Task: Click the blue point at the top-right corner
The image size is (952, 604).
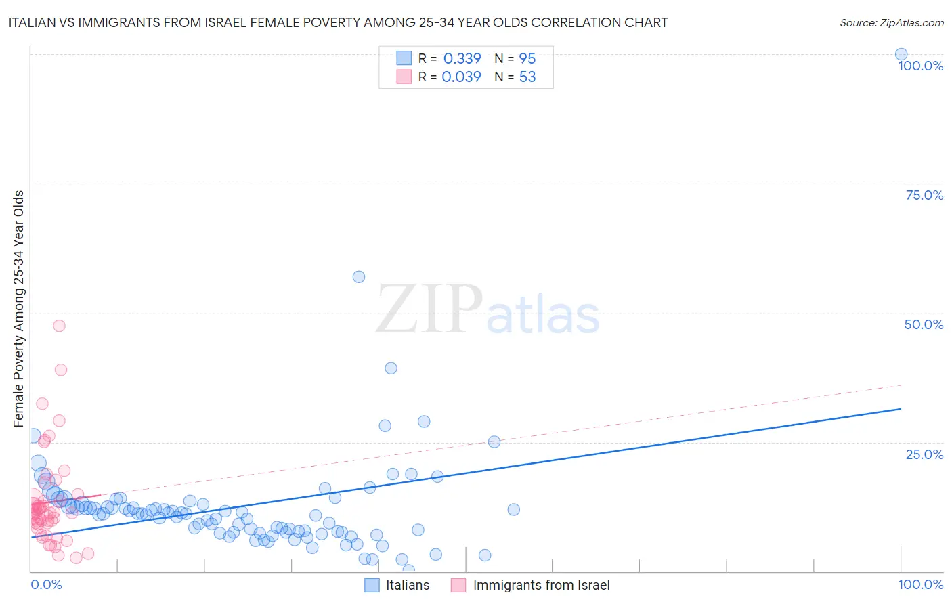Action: [901, 55]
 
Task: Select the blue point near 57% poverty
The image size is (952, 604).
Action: [359, 276]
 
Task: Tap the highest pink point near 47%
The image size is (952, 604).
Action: [59, 326]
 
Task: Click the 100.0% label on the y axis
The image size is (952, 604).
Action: [920, 66]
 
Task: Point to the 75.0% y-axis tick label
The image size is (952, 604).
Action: [924, 195]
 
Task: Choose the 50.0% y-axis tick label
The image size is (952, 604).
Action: [924, 324]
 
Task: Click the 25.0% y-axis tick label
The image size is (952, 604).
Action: [924, 454]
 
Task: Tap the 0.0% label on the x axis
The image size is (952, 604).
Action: [46, 584]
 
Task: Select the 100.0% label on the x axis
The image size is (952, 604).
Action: [920, 584]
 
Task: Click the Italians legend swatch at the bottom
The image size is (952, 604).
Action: [372, 585]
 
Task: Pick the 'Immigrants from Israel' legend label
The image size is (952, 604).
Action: [541, 585]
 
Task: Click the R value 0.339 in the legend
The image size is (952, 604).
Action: [462, 59]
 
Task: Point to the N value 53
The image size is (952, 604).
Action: [527, 77]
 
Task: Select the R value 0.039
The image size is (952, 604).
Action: [461, 77]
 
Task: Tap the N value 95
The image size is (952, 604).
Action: [527, 59]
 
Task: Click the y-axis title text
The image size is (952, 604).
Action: [18, 309]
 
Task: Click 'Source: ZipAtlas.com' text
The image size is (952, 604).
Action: [891, 23]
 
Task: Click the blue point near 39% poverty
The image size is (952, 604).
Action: [391, 368]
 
